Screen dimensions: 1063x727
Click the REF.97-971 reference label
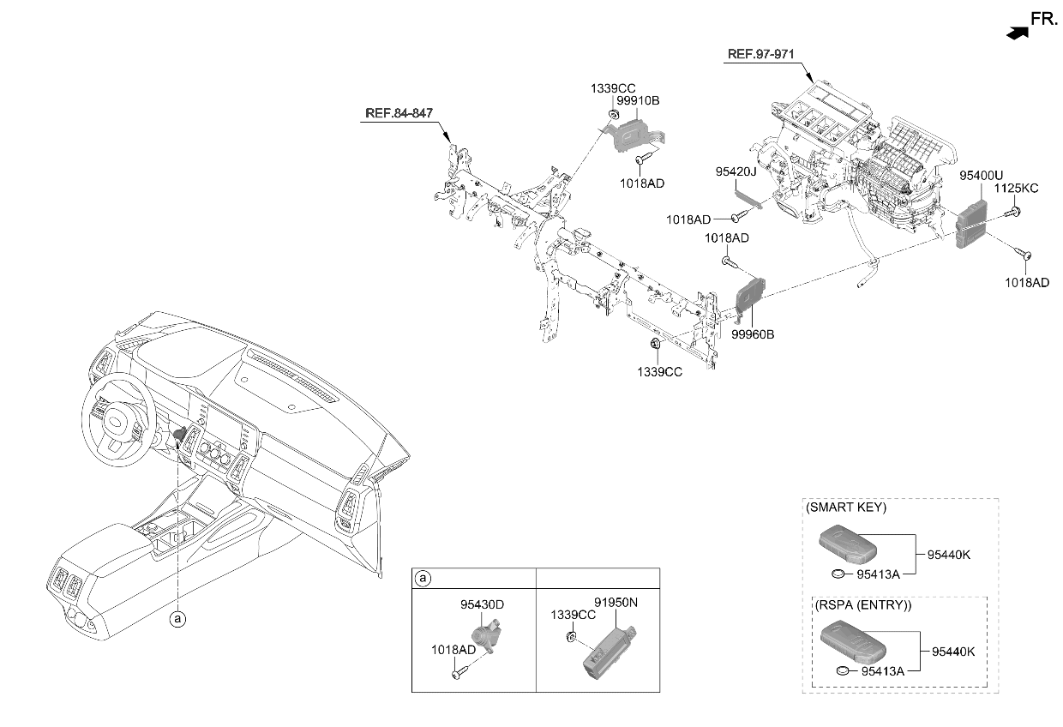tap(760, 54)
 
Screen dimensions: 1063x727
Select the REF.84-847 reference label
tap(399, 113)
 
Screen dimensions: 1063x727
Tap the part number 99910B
tap(638, 100)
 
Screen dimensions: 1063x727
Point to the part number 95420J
tap(736, 171)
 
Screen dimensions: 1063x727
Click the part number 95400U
tap(981, 176)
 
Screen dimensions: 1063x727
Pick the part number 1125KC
tap(1016, 188)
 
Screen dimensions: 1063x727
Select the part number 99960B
tap(753, 334)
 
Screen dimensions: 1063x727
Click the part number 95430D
tap(482, 604)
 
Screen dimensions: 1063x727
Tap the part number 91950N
tap(616, 602)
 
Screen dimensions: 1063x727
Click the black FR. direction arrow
tap(1017, 33)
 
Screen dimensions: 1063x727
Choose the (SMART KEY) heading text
tap(846, 508)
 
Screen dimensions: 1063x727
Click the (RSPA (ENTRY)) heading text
tap(863, 605)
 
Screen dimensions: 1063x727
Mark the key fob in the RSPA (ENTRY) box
tap(853, 641)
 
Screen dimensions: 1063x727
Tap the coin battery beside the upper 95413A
tap(839, 574)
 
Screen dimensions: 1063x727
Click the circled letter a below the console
tap(178, 619)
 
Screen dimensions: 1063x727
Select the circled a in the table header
tap(423, 579)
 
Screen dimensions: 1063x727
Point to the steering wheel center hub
tap(116, 422)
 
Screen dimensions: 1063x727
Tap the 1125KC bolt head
tap(1016, 212)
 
